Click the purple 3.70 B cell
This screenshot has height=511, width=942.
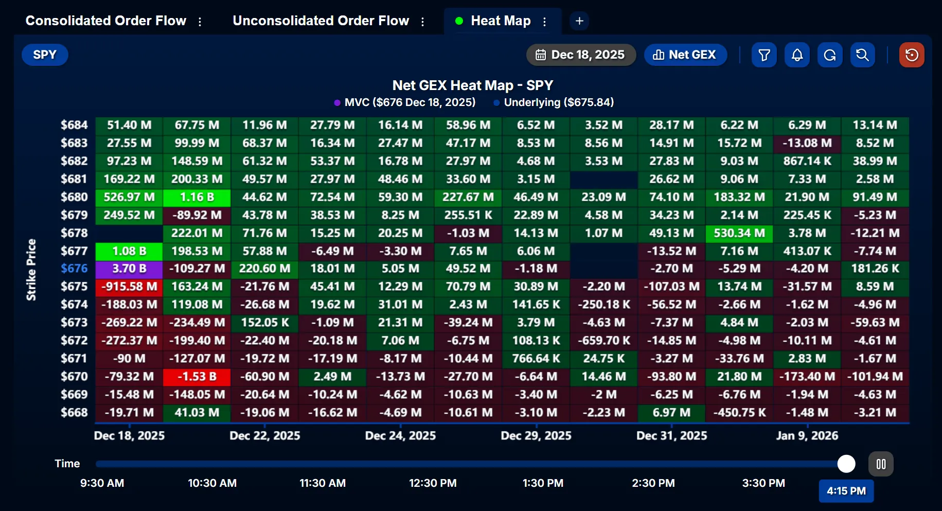pos(129,269)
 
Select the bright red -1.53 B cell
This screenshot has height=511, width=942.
pos(197,377)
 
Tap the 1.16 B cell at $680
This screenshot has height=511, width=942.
pos(197,197)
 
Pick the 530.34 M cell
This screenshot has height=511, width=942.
pos(739,233)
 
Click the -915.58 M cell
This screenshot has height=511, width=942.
pos(129,287)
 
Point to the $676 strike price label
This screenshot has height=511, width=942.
pos(74,269)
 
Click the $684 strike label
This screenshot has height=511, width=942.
pos(74,125)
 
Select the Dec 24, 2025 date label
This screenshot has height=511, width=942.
pos(400,436)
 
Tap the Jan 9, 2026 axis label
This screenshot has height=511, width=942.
pos(807,436)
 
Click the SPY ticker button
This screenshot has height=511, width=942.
pos(45,55)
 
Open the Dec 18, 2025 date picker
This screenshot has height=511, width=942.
pos(580,55)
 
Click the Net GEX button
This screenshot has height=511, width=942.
pos(685,55)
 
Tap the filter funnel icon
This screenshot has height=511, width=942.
pos(764,55)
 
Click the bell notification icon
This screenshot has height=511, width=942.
pos(797,55)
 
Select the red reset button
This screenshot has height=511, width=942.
pos(912,55)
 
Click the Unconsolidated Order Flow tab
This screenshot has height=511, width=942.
pos(321,21)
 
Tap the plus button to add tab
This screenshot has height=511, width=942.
pos(579,21)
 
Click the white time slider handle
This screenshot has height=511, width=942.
pos(846,464)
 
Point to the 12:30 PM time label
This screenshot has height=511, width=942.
pos(433,483)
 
